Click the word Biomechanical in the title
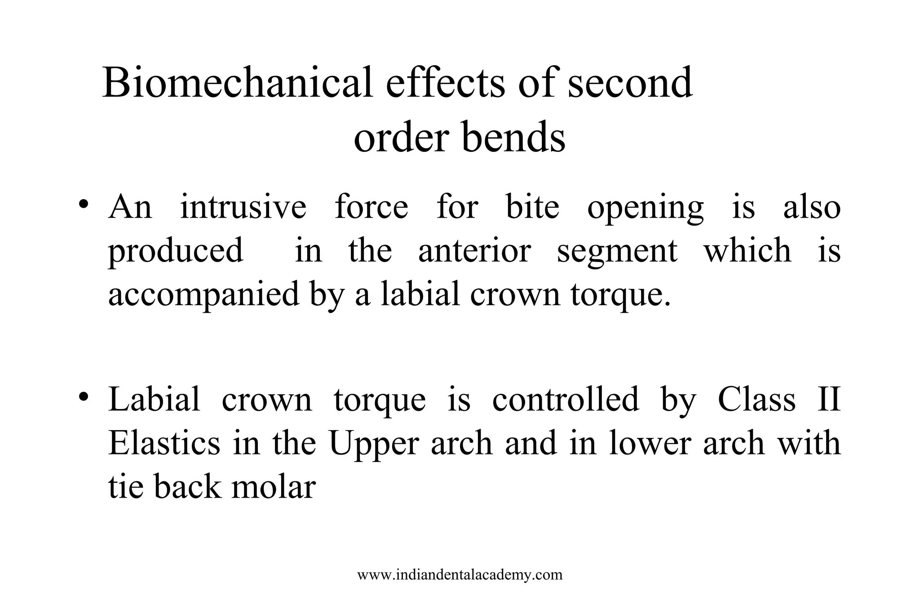point(237,83)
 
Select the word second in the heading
point(630,83)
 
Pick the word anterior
point(474,250)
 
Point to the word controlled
point(565,399)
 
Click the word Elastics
point(164,443)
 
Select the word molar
point(273,486)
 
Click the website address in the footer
point(460,574)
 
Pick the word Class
point(756,399)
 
